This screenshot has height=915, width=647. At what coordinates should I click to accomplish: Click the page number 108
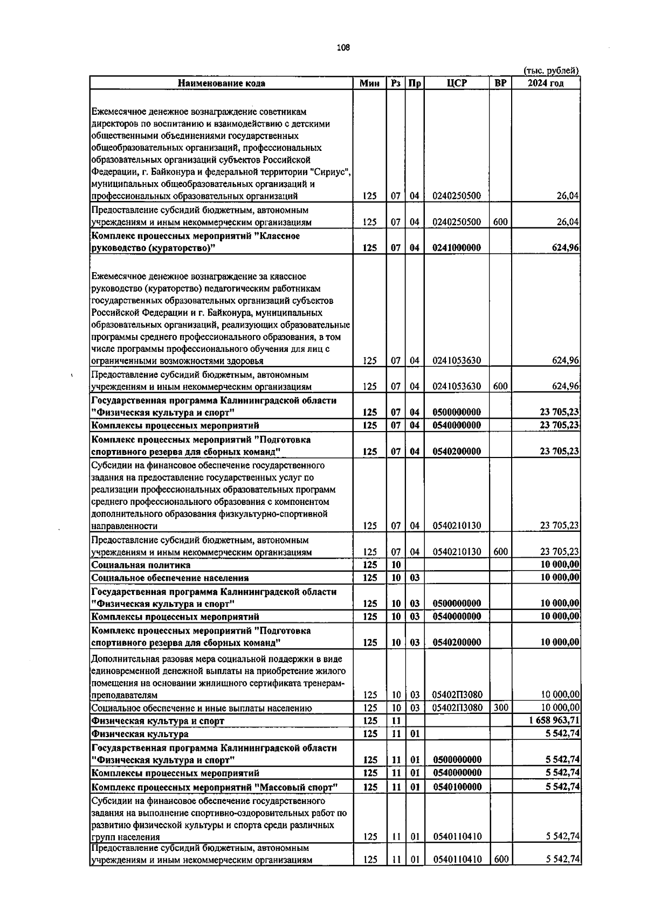343,47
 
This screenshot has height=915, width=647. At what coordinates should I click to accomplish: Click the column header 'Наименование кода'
222,83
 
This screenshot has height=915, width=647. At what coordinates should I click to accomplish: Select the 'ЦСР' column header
457,83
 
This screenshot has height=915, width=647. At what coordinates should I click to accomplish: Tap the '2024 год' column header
546,83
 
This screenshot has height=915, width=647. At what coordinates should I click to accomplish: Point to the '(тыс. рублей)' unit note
551,71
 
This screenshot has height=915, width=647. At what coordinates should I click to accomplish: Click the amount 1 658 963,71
555,720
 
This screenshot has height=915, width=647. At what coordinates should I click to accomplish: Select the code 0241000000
457,248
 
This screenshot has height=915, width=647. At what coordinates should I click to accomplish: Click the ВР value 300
500,708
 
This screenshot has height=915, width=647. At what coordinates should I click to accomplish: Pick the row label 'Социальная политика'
141,565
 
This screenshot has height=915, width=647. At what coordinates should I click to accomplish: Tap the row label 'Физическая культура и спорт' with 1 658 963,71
157,720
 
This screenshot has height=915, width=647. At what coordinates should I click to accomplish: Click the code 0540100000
457,787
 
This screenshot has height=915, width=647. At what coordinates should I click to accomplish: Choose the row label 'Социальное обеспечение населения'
170,578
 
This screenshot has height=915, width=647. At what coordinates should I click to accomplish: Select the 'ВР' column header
500,83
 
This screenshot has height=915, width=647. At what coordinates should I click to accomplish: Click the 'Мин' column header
369,83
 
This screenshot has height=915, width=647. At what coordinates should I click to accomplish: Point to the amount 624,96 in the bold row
566,248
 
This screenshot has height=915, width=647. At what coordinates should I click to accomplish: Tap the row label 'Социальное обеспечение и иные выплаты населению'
201,708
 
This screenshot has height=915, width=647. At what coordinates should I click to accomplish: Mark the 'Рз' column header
396,83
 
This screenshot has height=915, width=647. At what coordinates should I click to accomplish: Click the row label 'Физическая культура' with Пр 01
140,733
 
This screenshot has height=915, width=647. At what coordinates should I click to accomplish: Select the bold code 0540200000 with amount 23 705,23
457,452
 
